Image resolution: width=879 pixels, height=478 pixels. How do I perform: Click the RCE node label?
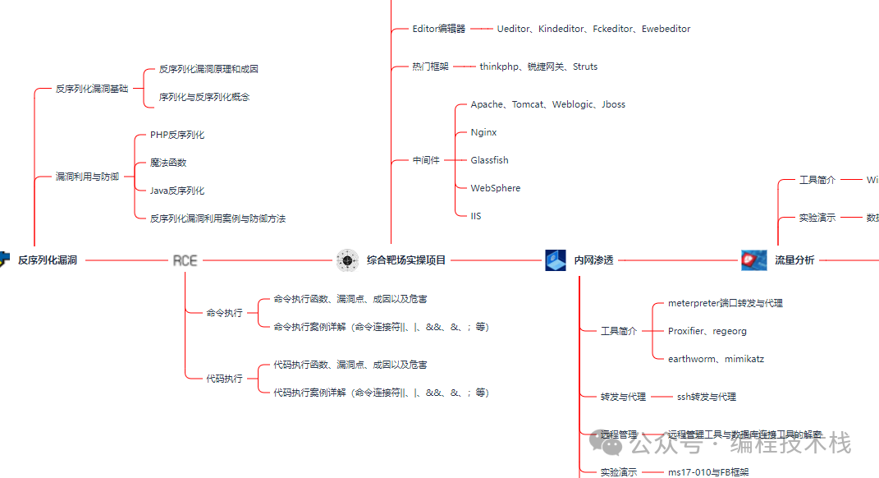click(185, 260)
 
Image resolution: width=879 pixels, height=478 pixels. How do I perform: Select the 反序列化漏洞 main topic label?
click(48, 260)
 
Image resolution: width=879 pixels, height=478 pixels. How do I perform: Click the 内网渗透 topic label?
click(593, 260)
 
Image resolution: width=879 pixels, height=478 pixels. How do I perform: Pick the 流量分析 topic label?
click(794, 260)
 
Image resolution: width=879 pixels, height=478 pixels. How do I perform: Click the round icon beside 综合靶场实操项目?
click(347, 260)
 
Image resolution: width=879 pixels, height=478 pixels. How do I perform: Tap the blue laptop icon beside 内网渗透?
click(556, 260)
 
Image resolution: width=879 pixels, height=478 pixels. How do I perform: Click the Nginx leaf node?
click(483, 132)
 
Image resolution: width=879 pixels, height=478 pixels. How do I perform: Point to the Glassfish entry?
click(489, 160)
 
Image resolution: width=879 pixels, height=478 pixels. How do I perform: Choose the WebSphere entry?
click(495, 188)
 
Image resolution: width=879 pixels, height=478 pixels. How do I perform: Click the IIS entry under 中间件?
click(476, 216)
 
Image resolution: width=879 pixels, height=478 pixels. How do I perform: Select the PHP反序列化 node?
click(177, 135)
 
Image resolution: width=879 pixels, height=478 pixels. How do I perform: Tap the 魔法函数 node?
click(168, 163)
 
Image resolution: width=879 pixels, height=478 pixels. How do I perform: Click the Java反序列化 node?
click(177, 191)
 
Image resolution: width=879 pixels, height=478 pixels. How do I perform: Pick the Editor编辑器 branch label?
click(438, 29)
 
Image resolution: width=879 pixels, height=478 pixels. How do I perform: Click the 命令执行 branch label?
click(224, 313)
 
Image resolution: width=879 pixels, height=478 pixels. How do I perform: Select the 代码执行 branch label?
click(224, 379)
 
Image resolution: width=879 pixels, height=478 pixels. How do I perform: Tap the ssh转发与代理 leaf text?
click(706, 397)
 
